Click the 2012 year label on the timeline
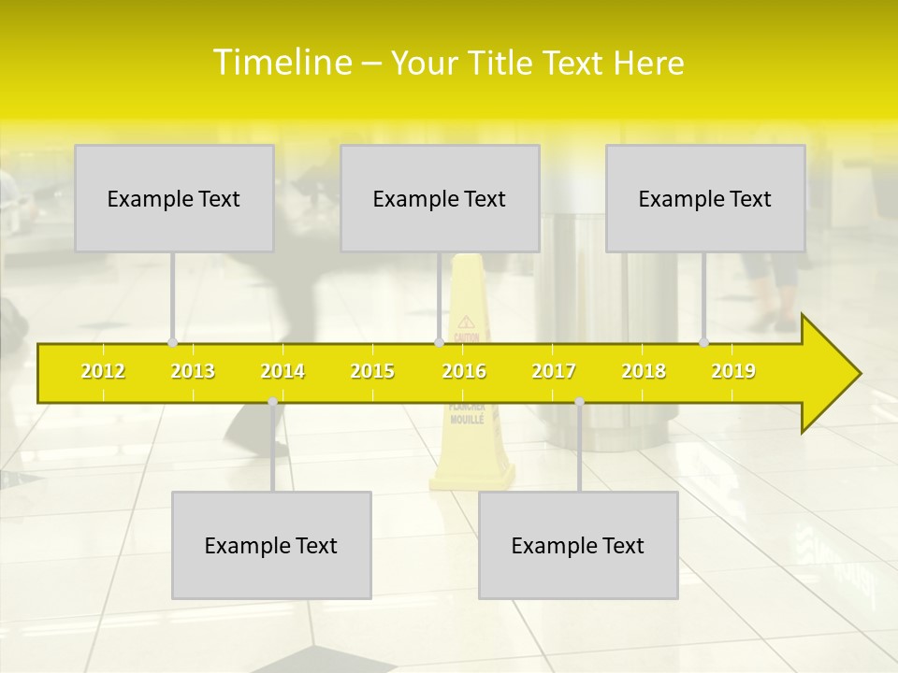click(103, 371)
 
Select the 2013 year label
click(193, 371)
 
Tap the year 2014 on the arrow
click(282, 371)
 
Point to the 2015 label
click(372, 371)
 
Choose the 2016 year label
click(464, 371)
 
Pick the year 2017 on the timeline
click(554, 371)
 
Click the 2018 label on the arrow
click(644, 371)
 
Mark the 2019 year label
click(733, 371)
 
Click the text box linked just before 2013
click(174, 198)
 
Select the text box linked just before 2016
click(440, 198)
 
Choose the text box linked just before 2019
click(705, 198)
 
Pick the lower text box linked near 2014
click(271, 545)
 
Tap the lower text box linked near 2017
click(578, 545)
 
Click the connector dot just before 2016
click(439, 342)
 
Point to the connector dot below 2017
click(579, 402)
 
